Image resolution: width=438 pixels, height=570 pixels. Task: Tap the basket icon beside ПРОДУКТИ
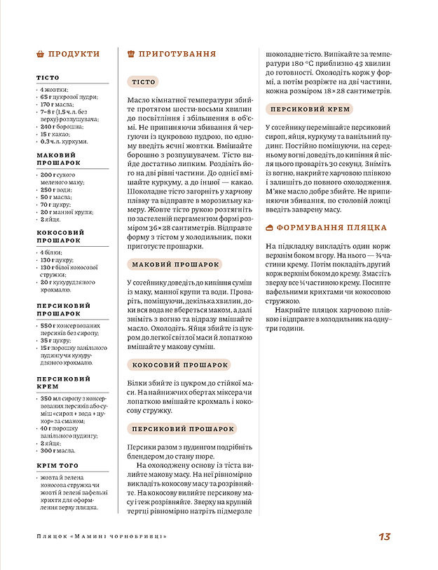[40, 54]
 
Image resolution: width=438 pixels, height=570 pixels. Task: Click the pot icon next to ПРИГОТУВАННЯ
[131, 54]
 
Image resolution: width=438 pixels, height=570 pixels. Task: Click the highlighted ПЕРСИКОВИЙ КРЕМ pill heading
[310, 109]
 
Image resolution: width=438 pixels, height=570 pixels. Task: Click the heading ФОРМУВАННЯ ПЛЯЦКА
[331, 228]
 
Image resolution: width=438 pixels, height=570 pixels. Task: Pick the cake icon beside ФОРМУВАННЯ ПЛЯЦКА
[269, 228]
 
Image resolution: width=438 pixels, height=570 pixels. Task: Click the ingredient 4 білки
[52, 252]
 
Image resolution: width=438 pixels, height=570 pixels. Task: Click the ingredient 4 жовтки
[53, 90]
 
